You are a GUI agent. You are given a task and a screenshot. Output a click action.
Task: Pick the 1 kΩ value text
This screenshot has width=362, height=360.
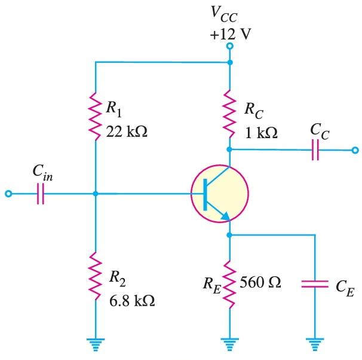(x=261, y=133)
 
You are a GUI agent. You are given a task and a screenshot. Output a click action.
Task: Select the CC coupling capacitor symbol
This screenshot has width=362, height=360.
(x=315, y=150)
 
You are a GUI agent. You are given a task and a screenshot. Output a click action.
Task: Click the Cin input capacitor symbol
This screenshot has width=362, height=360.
(x=41, y=194)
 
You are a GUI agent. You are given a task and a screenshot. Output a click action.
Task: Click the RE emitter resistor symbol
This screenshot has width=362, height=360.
(x=230, y=281)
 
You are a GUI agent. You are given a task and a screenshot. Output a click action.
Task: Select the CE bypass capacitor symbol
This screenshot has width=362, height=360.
(x=315, y=283)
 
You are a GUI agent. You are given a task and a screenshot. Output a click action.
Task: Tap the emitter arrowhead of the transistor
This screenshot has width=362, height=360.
(x=225, y=216)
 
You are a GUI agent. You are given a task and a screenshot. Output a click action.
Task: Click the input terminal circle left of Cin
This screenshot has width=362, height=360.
(x=8, y=194)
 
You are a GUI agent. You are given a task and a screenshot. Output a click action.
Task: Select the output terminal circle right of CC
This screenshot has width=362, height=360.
(x=355, y=150)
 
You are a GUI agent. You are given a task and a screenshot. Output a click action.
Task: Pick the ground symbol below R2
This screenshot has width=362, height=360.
(x=96, y=343)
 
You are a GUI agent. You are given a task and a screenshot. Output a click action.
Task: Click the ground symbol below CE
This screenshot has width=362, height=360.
(x=315, y=343)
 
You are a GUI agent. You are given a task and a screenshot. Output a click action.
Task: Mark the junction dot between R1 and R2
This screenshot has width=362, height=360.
(x=96, y=194)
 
